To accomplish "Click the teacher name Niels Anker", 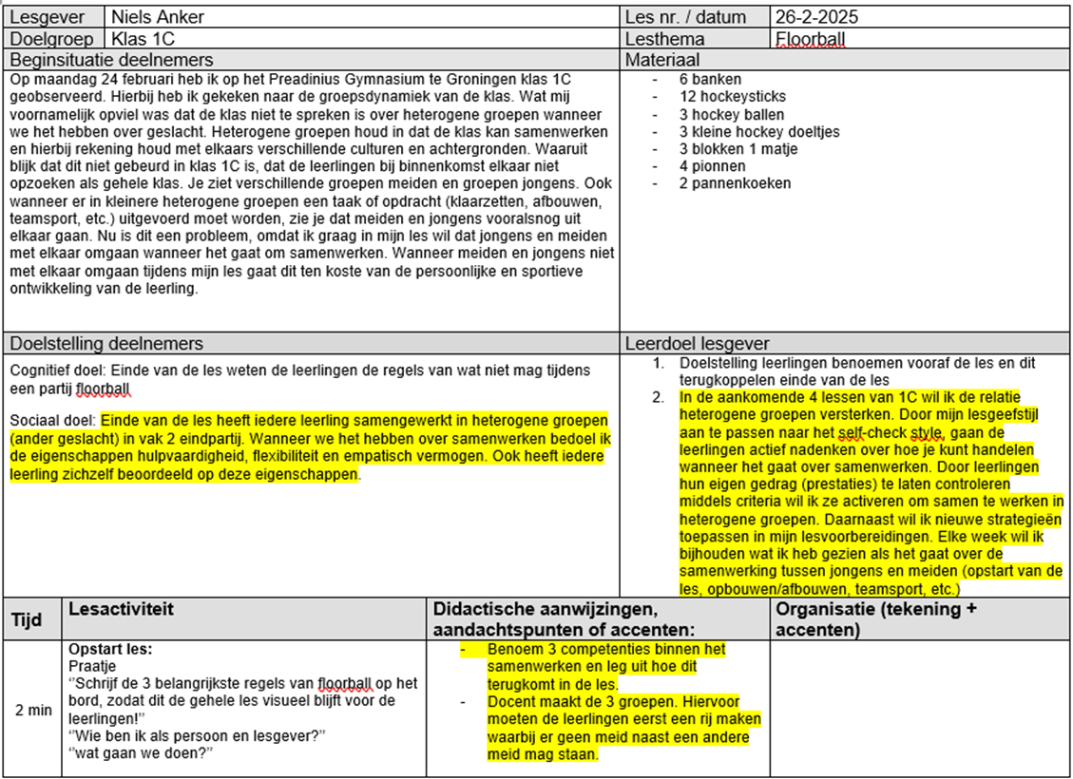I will (158, 17).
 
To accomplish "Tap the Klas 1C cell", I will (143, 39).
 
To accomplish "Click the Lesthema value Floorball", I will (810, 39).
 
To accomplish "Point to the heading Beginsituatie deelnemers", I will (125, 60).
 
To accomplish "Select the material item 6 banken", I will (711, 79).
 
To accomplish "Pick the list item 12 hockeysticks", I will (732, 96).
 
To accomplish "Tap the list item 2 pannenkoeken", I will (735, 183).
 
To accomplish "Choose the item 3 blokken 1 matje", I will (738, 148).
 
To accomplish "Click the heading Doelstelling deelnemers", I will (106, 343).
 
